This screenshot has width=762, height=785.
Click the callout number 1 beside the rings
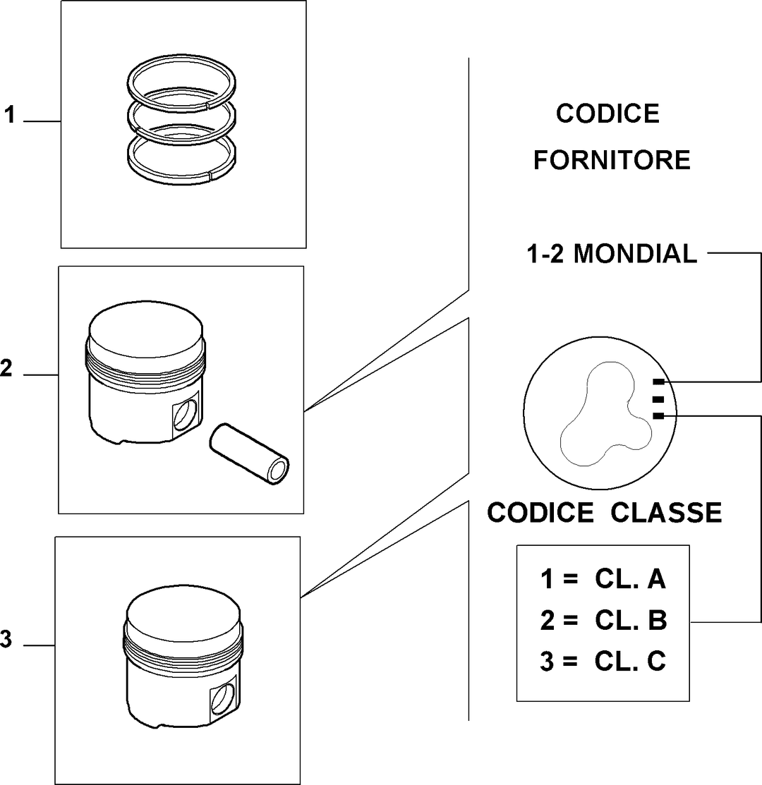[x=9, y=115]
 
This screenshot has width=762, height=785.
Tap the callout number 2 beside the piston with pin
[x=6, y=368]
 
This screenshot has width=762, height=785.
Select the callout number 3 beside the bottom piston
[x=6, y=639]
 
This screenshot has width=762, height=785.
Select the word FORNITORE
[x=612, y=160]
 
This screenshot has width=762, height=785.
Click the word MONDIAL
[x=635, y=254]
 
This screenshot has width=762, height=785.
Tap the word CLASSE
[x=666, y=513]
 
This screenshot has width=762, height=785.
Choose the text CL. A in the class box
[x=630, y=579]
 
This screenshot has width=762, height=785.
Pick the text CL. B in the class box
[x=631, y=620]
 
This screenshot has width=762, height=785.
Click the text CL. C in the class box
[x=630, y=661]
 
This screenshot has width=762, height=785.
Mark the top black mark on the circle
[x=659, y=382]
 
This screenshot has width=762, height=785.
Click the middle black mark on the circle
[x=659, y=399]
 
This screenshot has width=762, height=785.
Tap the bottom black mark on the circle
[x=659, y=415]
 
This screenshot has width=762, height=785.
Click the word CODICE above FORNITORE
[x=607, y=114]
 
